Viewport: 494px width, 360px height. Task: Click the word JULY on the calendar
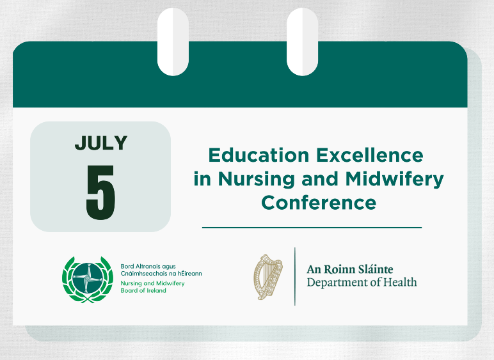pyautogui.click(x=100, y=143)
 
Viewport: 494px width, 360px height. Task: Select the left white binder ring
pyautogui.click(x=173, y=42)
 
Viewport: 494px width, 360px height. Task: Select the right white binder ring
pyautogui.click(x=302, y=42)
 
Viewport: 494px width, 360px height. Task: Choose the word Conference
pyautogui.click(x=318, y=203)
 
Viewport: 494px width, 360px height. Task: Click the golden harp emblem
pyautogui.click(x=267, y=277)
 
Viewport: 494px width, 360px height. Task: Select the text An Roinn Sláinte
pyautogui.click(x=350, y=269)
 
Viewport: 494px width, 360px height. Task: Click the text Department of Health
pyautogui.click(x=362, y=282)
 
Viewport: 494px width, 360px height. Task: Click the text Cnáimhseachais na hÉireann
pyautogui.click(x=161, y=274)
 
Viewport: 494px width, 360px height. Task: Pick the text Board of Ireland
pyautogui.click(x=143, y=290)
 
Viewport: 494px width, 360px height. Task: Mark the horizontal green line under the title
pyautogui.click(x=312, y=227)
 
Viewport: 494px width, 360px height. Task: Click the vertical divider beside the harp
pyautogui.click(x=295, y=276)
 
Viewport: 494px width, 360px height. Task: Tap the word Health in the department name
pyautogui.click(x=401, y=282)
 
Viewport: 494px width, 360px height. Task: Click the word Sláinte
pyautogui.click(x=376, y=269)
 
